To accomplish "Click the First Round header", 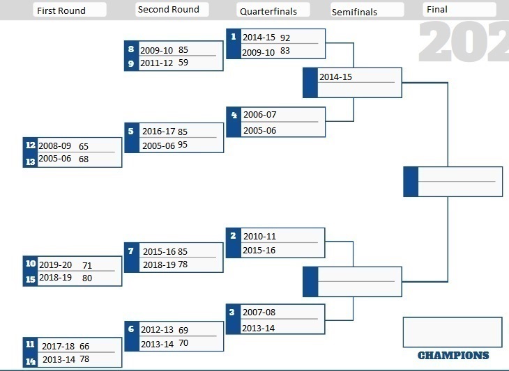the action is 61,10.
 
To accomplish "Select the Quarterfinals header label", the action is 268,11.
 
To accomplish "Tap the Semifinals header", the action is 354,12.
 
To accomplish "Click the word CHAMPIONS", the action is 453,356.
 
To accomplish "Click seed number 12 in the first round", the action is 31,145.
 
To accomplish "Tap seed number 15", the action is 31,279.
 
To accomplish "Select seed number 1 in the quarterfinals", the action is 234,37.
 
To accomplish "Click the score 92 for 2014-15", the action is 285,38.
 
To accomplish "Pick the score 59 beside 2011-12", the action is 183,62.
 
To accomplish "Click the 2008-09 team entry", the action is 55,145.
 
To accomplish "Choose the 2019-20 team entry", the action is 56,265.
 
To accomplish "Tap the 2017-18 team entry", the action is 58,347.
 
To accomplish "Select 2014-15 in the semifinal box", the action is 335,77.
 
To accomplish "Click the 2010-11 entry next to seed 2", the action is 259,236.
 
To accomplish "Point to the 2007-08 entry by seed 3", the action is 259,312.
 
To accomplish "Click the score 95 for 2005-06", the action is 183,145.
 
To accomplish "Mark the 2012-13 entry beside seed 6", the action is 157,329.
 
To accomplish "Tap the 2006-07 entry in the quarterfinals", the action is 260,115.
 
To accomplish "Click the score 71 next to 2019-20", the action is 87,266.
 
